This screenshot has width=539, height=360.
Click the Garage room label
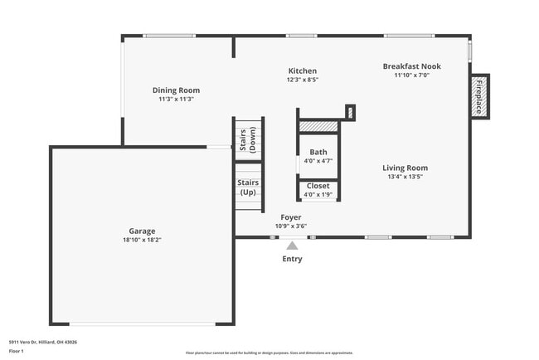[142, 231]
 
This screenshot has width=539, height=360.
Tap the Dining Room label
[176, 90]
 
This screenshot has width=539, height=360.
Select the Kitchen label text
[302, 71]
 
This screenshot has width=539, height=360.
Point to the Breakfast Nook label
[411, 66]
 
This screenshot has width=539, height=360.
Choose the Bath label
[318, 152]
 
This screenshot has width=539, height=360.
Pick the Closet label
[318, 186]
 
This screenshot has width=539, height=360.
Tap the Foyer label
[290, 217]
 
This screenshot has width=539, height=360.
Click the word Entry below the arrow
[292, 259]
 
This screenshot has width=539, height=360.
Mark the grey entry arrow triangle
[292, 245]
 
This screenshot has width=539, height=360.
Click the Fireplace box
[479, 95]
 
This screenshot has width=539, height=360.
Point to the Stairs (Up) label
[248, 187]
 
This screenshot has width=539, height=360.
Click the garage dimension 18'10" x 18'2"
[142, 240]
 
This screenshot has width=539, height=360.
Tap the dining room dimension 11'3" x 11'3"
[176, 99]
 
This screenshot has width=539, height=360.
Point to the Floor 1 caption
[17, 351]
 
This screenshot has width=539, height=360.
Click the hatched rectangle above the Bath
[318, 126]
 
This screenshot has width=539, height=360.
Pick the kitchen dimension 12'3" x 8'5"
[302, 80]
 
